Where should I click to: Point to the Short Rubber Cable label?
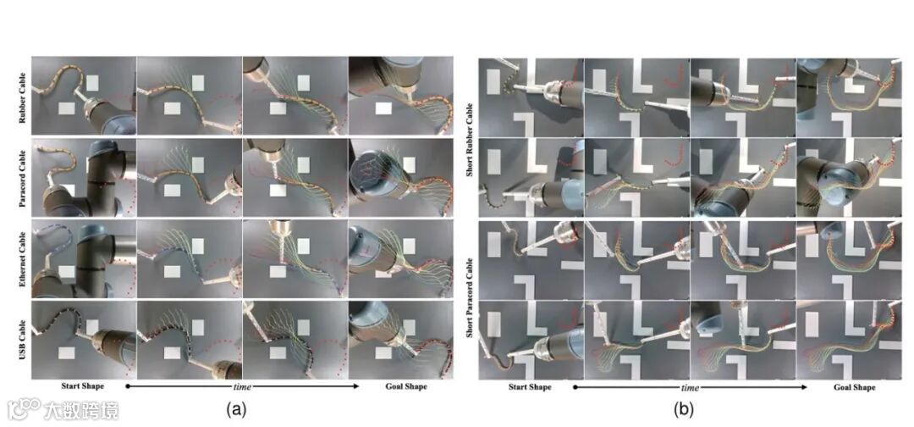tap(471, 137)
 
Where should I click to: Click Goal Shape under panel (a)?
tap(406, 386)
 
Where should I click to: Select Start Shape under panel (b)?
tap(530, 386)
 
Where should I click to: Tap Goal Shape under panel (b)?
tap(855, 386)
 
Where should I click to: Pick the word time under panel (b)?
tap(691, 386)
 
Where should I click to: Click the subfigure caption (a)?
tap(236, 409)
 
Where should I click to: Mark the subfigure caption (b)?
tap(684, 410)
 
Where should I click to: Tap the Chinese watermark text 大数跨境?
tap(81, 410)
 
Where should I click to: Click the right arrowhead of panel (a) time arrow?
tap(356, 386)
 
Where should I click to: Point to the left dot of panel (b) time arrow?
tap(575, 386)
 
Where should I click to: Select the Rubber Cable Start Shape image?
tap(83, 96)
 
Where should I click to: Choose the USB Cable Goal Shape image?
tap(401, 340)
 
